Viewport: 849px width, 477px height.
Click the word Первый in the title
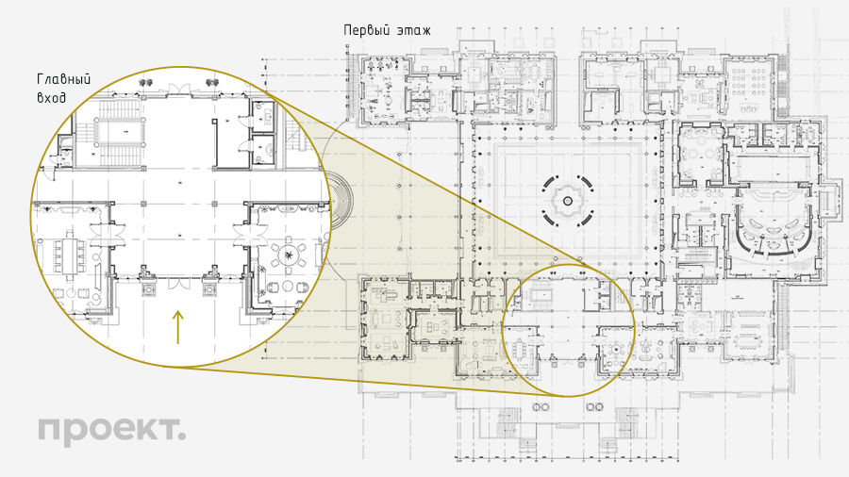pos(367,30)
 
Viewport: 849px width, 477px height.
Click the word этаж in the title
pos(414,31)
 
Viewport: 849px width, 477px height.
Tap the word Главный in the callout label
pos(64,79)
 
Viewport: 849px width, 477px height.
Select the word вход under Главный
pos(52,98)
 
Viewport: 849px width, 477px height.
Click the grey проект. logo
pos(111,430)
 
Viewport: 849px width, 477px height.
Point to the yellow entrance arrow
pos(177,327)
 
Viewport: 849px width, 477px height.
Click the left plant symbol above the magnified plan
pos(144,83)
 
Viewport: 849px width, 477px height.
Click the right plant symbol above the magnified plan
pos(211,83)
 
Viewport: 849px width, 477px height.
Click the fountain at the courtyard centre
pos(568,201)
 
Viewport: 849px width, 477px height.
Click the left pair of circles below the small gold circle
pos(541,406)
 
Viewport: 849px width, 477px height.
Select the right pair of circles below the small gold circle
pos(594,406)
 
